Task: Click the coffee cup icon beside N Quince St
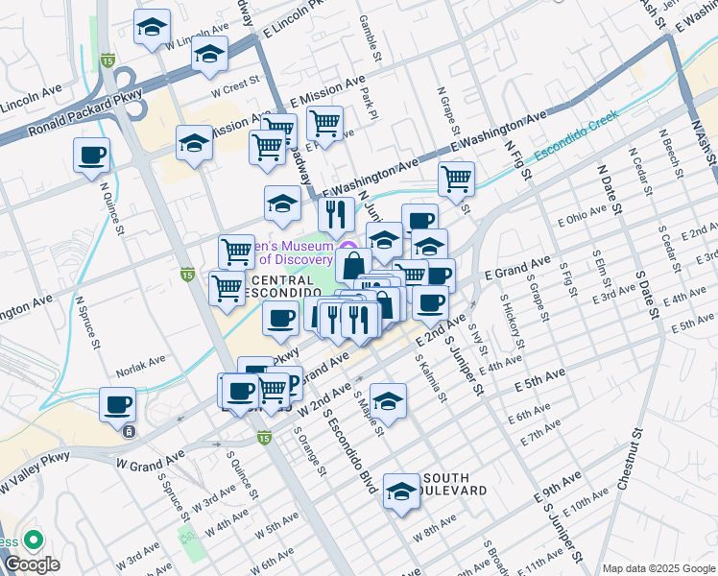point(91,156)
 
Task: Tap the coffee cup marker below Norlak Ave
point(119,405)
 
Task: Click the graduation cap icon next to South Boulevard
point(401,492)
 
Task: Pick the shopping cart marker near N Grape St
point(456,178)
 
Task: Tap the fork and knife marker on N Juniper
point(336,216)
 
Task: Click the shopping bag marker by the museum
point(353,265)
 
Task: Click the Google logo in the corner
point(32,564)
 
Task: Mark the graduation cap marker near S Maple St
point(388,400)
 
